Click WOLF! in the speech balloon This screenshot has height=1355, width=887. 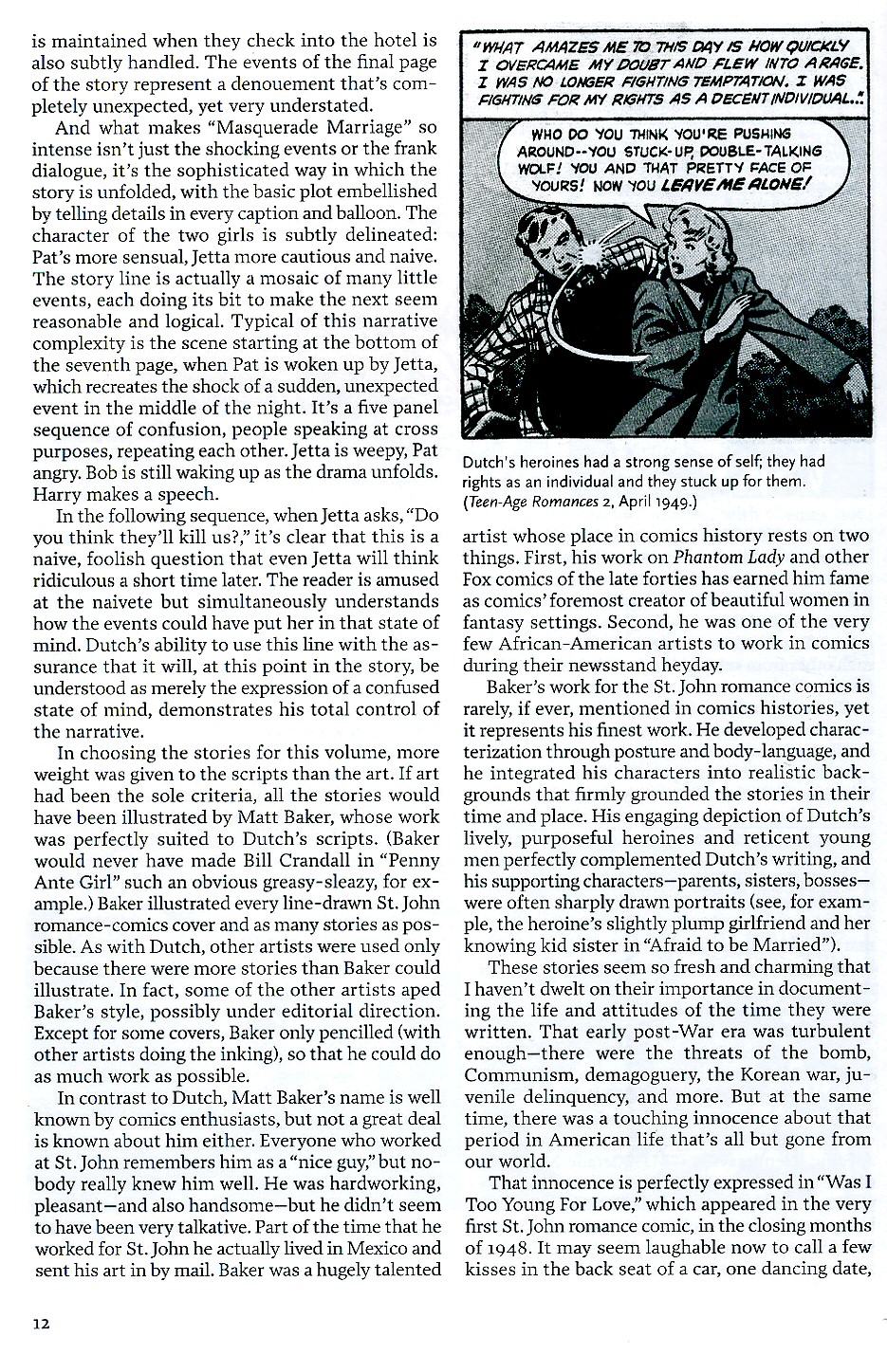tap(543, 169)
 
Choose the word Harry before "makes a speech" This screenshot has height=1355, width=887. tap(58, 494)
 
